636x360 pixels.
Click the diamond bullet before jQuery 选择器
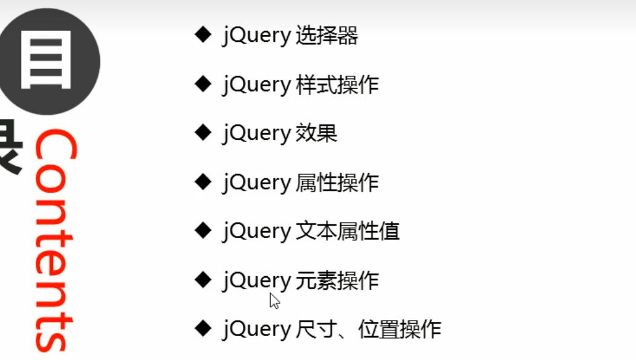tap(203, 35)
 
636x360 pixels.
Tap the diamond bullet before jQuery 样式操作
tap(203, 84)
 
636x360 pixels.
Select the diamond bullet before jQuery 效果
tap(203, 133)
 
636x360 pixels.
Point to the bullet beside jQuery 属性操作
tap(203, 182)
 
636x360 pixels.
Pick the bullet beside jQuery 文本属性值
tap(203, 231)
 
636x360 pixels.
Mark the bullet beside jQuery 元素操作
tap(203, 280)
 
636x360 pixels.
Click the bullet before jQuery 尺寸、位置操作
tap(203, 329)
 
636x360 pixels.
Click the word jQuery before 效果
tap(256, 134)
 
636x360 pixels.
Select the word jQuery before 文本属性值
tap(256, 232)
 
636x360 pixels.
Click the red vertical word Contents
tap(54, 240)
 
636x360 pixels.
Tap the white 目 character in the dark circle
tap(47, 61)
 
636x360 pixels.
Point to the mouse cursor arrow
tap(274, 300)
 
